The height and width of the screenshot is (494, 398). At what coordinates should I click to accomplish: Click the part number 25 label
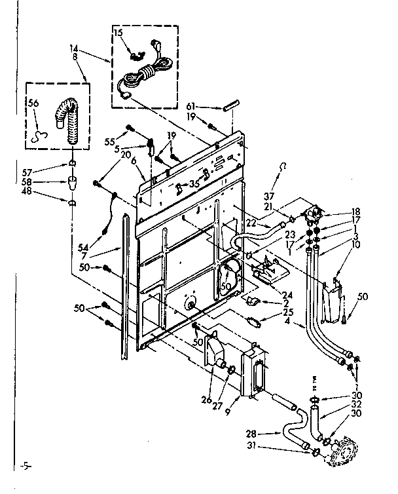[289, 313]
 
